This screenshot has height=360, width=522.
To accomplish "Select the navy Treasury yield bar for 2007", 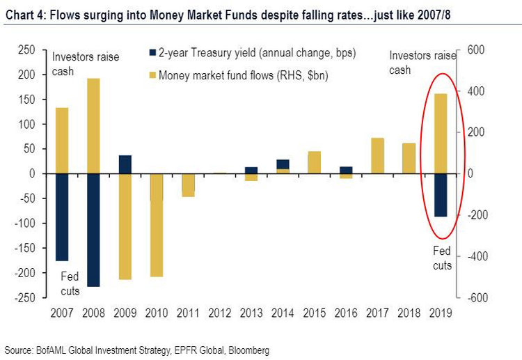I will [x=61, y=217].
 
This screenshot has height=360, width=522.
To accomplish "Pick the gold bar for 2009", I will [x=125, y=226].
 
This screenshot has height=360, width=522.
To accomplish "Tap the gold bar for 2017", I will [x=377, y=155].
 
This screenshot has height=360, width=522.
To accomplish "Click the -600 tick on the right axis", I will [x=475, y=298].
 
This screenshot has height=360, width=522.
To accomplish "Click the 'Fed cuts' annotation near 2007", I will [x=70, y=283].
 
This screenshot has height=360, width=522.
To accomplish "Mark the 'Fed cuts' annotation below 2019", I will [x=442, y=258].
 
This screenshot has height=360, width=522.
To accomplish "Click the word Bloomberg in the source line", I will [x=246, y=350].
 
